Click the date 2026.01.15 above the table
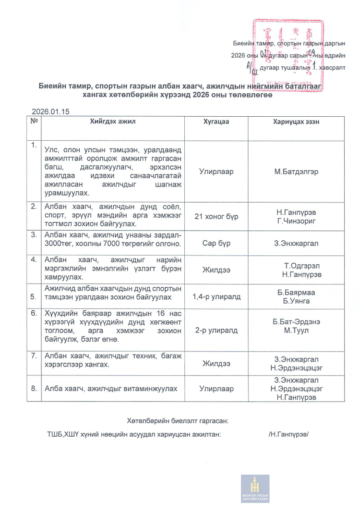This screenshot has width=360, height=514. point(51,111)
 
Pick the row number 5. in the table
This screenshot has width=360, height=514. point(34,297)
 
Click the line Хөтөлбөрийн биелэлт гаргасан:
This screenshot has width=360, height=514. point(177,421)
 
